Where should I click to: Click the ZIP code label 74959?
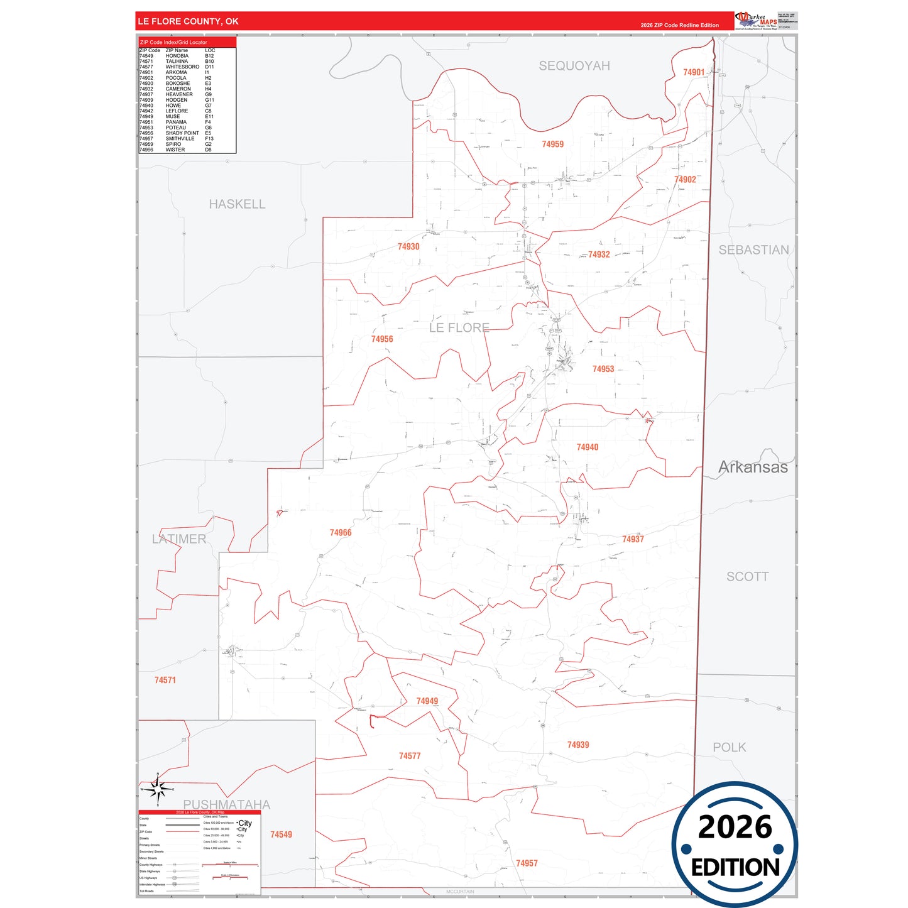[552, 145]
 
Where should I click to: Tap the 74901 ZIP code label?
[694, 72]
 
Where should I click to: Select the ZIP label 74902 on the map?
[685, 180]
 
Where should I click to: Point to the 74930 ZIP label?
[408, 247]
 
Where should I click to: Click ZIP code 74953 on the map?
[603, 369]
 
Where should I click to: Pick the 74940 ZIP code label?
[587, 447]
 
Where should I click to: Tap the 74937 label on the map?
[633, 540]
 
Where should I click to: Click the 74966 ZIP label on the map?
[341, 533]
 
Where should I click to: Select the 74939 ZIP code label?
[578, 745]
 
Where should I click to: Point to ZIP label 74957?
[527, 863]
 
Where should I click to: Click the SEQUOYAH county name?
[574, 66]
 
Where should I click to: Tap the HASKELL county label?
[237, 204]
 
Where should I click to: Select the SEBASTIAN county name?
[753, 250]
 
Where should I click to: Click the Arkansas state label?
[753, 468]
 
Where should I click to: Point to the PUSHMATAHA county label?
[226, 804]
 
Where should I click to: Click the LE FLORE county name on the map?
[459, 328]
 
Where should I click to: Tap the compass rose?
[158, 789]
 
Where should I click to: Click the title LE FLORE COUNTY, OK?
[188, 21]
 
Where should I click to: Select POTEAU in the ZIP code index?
[176, 128]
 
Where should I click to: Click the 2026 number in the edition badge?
[735, 828]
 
